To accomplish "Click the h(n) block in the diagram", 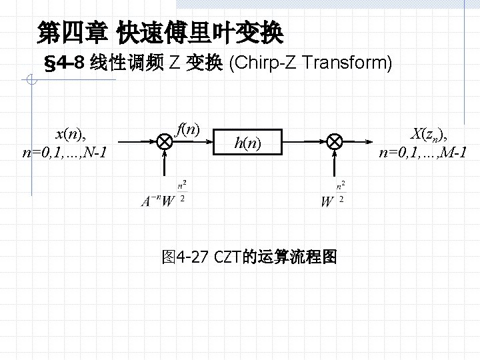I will pyautogui.click(x=247, y=141).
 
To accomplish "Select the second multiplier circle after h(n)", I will pyautogui.click(x=333, y=141).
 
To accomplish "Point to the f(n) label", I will pyautogui.click(x=189, y=128).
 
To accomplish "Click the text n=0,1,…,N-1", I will pyautogui.click(x=65, y=153).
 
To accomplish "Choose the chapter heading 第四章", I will pyautogui.click(x=73, y=31).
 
